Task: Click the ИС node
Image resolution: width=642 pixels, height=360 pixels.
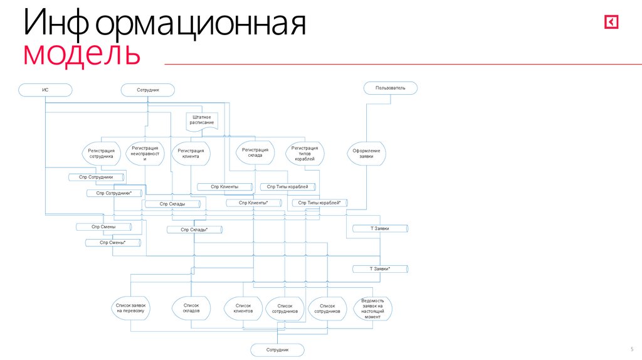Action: tap(45, 90)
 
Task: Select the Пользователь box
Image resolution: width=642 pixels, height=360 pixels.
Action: tap(391, 88)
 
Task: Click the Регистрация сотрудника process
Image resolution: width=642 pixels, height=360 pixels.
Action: tap(101, 154)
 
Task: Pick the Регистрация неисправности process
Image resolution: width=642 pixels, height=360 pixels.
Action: tap(145, 154)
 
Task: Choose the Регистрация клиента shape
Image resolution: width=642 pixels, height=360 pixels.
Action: tap(191, 154)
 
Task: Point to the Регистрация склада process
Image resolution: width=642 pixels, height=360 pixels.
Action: tap(255, 152)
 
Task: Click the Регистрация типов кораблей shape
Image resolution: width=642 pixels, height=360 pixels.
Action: tap(305, 154)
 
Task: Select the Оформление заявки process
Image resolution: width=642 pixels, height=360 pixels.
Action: tap(366, 154)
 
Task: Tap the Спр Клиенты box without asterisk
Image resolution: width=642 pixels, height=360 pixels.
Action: tap(224, 187)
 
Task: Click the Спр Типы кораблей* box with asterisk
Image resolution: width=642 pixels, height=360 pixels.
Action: tap(320, 203)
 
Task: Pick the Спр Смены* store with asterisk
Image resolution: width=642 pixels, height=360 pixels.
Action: tap(113, 243)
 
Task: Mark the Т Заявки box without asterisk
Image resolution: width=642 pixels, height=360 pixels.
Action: tap(380, 229)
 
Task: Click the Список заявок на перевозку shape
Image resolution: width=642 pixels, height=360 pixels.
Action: tap(130, 307)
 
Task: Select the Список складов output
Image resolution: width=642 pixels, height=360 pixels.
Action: tap(191, 307)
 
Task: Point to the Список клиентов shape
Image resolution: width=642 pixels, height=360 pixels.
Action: tap(243, 308)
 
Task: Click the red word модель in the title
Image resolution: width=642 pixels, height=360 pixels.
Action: tap(82, 54)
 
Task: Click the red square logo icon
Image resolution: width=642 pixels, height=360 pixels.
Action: tap(611, 22)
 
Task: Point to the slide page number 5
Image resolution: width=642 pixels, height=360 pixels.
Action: tap(631, 349)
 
